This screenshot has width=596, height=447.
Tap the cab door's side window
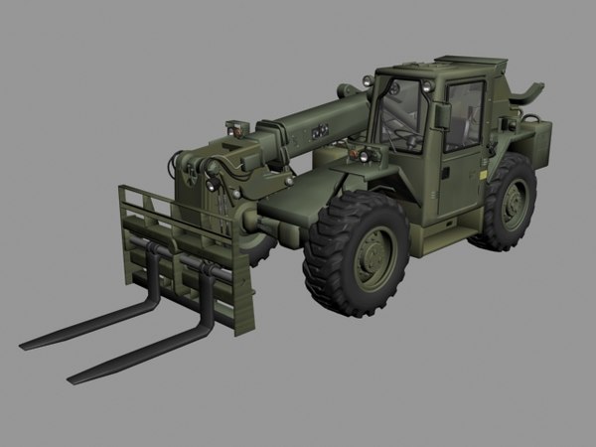[x=463, y=114]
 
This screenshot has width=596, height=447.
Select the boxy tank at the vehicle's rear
[x=541, y=139]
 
